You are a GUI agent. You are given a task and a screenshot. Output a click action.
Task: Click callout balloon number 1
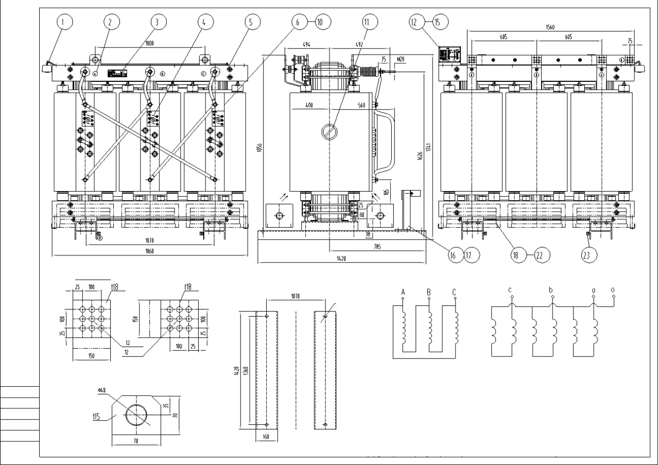tap(64, 22)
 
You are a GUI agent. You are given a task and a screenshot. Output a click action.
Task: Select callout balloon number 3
tap(158, 22)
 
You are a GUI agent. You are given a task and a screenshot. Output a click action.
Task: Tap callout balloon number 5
tap(251, 22)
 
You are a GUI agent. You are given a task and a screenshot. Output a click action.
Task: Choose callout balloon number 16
tap(456, 254)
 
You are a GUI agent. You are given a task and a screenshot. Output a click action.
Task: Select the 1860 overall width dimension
tap(149, 251)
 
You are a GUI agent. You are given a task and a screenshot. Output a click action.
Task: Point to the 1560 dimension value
tap(549, 28)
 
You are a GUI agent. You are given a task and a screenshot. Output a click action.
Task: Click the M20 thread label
tap(401, 59)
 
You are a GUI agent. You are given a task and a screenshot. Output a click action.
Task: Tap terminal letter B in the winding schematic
tap(428, 292)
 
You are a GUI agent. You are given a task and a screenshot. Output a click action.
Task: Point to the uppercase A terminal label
tap(403, 292)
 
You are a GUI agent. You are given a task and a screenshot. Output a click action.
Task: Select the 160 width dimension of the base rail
tap(266, 437)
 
